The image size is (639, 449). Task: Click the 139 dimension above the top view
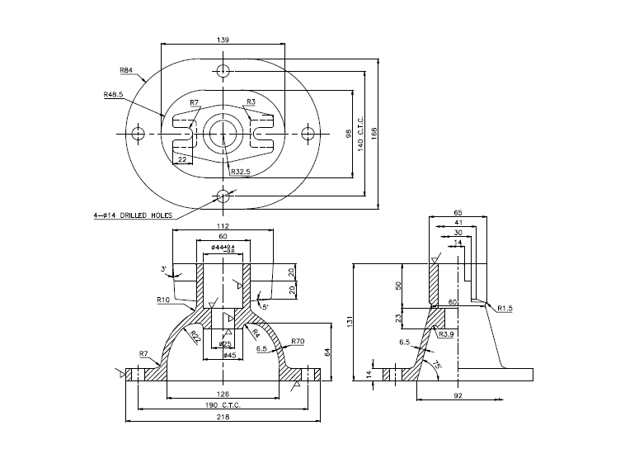tap(223, 39)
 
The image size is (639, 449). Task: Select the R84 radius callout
tap(126, 69)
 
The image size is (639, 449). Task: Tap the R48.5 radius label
tap(113, 95)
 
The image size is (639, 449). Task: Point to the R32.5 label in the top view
tap(241, 172)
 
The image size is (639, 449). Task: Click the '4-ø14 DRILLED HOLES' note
tap(133, 215)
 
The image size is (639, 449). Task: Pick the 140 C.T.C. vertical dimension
tap(360, 125)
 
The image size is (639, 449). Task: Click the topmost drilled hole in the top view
tap(223, 69)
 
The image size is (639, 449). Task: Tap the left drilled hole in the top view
tap(137, 133)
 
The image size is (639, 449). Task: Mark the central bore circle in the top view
tap(223, 133)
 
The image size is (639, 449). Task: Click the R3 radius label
tap(251, 102)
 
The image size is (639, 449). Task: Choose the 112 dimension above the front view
tap(221, 225)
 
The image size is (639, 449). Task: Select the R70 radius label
tap(298, 341)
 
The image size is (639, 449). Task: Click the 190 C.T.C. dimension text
tap(223, 405)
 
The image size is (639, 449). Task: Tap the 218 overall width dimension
tap(223, 417)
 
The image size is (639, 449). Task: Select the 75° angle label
tap(436, 364)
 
